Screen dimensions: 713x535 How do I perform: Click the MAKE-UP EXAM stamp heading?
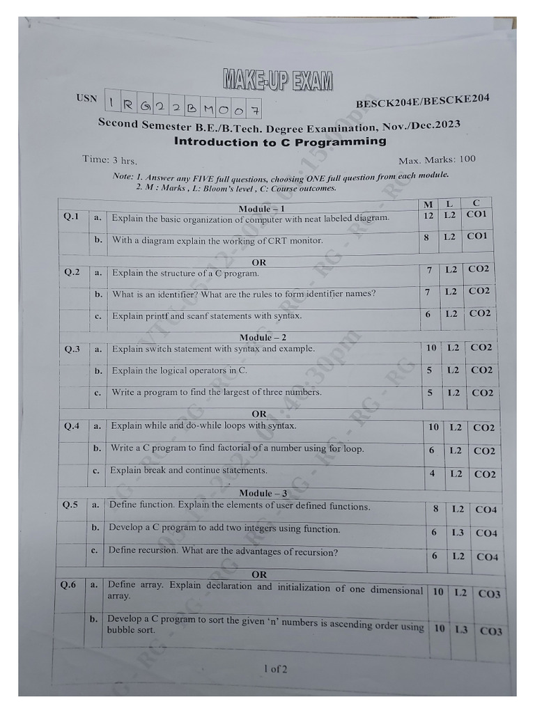click(278, 79)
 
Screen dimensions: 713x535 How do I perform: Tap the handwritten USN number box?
click(184, 105)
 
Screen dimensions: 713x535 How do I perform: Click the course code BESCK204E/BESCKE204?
click(422, 102)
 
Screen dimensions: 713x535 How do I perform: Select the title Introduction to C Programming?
click(279, 142)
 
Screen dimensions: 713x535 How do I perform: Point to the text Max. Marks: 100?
click(437, 159)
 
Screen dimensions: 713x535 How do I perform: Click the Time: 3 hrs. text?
click(109, 159)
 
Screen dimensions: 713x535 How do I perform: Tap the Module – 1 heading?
click(261, 208)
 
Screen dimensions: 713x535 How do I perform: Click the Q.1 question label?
click(72, 217)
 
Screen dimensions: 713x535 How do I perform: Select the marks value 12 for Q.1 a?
click(428, 215)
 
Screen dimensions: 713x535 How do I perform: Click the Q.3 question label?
click(72, 348)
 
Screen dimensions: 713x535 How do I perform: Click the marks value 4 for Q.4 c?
click(432, 473)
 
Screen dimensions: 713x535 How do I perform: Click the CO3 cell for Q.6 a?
click(489, 594)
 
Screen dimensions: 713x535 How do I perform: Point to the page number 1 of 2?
click(275, 669)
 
